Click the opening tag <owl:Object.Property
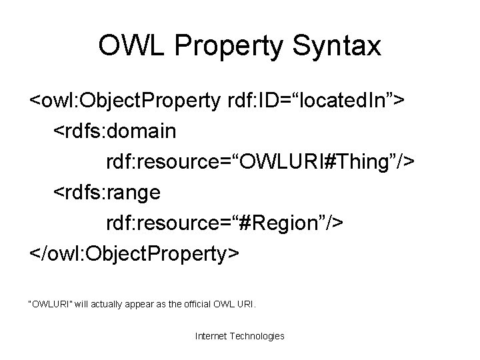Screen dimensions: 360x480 coord(124,101)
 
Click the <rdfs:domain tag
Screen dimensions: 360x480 coord(115,131)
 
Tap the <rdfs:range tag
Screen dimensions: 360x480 coord(107,193)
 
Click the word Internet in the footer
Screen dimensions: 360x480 coord(211,336)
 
